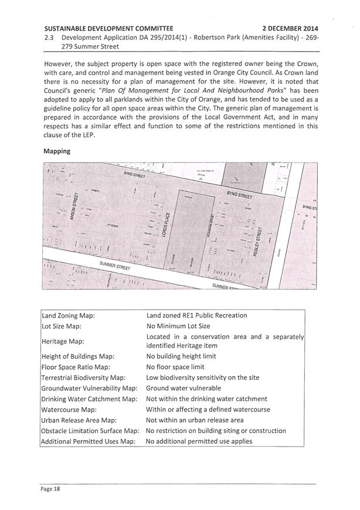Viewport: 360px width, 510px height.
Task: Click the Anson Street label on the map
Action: click(74, 207)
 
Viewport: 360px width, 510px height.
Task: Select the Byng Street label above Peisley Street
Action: click(239, 194)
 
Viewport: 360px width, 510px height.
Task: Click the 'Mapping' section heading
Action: click(56, 151)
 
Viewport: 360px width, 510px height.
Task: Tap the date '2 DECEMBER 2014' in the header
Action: click(290, 28)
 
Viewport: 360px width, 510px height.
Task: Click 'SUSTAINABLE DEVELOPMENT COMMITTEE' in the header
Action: click(108, 28)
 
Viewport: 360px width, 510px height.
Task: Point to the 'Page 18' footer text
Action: click(50, 488)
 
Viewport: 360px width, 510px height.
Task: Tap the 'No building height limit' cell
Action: click(181, 356)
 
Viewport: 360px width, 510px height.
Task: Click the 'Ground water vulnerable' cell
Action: click(183, 388)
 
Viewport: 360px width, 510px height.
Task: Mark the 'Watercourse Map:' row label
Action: click(68, 409)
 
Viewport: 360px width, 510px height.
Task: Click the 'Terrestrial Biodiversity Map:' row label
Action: click(83, 377)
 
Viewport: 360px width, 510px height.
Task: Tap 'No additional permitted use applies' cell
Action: click(199, 441)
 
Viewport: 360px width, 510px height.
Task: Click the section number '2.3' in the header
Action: click(49, 37)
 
